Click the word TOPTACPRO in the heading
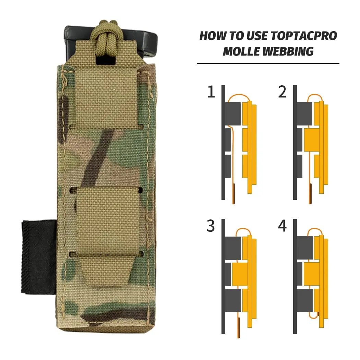303,36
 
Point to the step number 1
211,92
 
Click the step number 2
282,92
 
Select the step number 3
211,226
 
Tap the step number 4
282,226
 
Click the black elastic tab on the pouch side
36,257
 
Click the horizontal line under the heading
268,64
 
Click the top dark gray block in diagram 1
233,114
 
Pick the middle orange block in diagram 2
311,140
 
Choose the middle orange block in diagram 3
240,274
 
